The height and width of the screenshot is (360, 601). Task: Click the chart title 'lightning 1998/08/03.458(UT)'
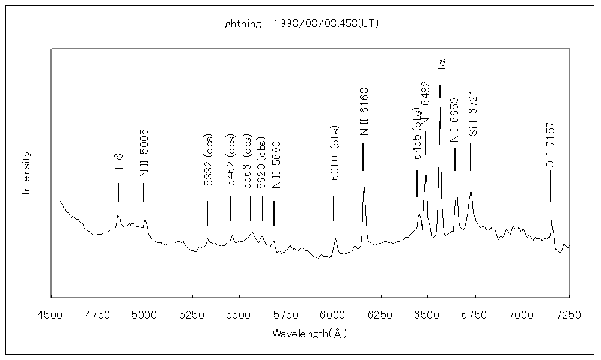click(299, 24)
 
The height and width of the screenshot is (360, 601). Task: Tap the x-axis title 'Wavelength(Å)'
click(310, 332)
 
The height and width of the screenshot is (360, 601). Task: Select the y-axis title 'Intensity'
click(26, 173)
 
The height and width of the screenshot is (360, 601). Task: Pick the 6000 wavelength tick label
click(333, 314)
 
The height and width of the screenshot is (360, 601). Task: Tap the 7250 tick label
click(569, 314)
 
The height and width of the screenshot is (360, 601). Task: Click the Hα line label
click(442, 67)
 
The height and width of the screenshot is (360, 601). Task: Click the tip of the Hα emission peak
click(440, 107)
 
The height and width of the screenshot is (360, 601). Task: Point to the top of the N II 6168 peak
click(364, 188)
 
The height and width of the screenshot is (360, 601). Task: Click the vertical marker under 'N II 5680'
click(274, 213)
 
